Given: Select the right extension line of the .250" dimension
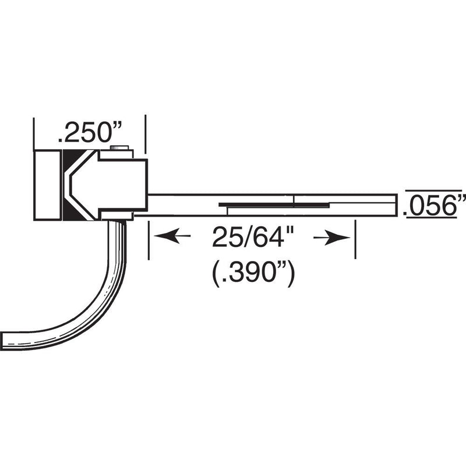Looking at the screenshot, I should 144,134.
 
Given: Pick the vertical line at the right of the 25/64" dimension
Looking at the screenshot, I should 355,239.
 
